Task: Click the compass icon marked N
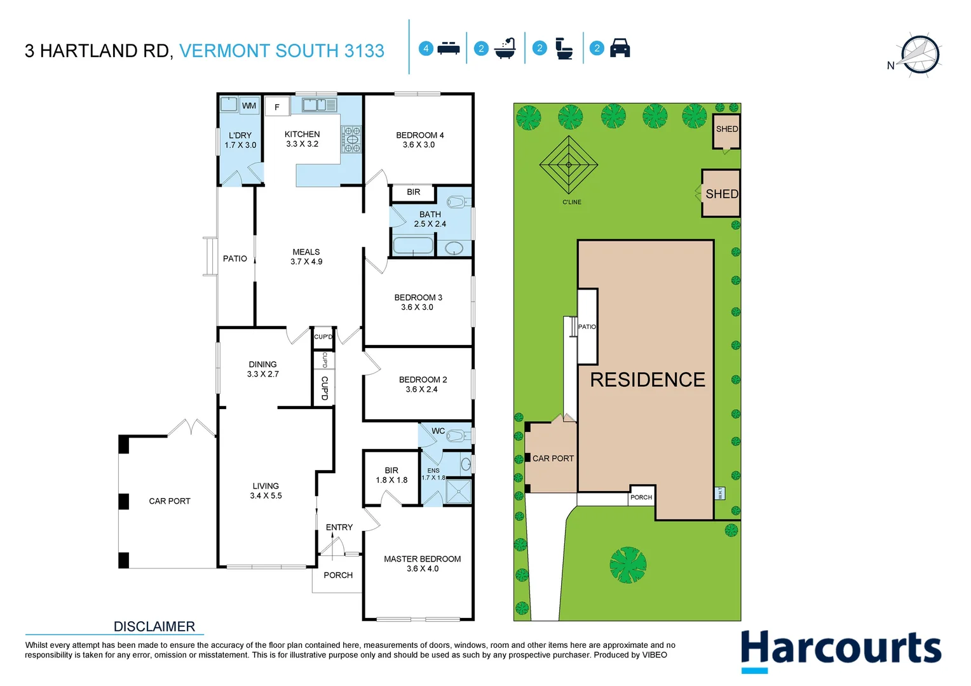point(919,55)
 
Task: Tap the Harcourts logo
point(841,650)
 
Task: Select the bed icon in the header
point(449,48)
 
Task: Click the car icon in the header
point(620,48)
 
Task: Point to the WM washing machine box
point(249,105)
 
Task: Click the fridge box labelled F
point(277,107)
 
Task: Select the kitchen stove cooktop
point(351,139)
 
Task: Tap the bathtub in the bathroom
point(413,245)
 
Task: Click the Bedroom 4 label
point(419,135)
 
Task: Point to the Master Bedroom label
point(422,559)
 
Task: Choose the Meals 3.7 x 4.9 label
point(306,257)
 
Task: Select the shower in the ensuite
point(459,492)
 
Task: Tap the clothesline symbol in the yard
point(569,165)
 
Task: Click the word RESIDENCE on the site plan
point(648,380)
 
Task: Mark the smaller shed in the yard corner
point(726,130)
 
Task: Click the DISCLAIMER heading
point(154,627)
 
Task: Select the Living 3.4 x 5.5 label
point(266,491)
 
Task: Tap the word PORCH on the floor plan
point(338,575)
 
